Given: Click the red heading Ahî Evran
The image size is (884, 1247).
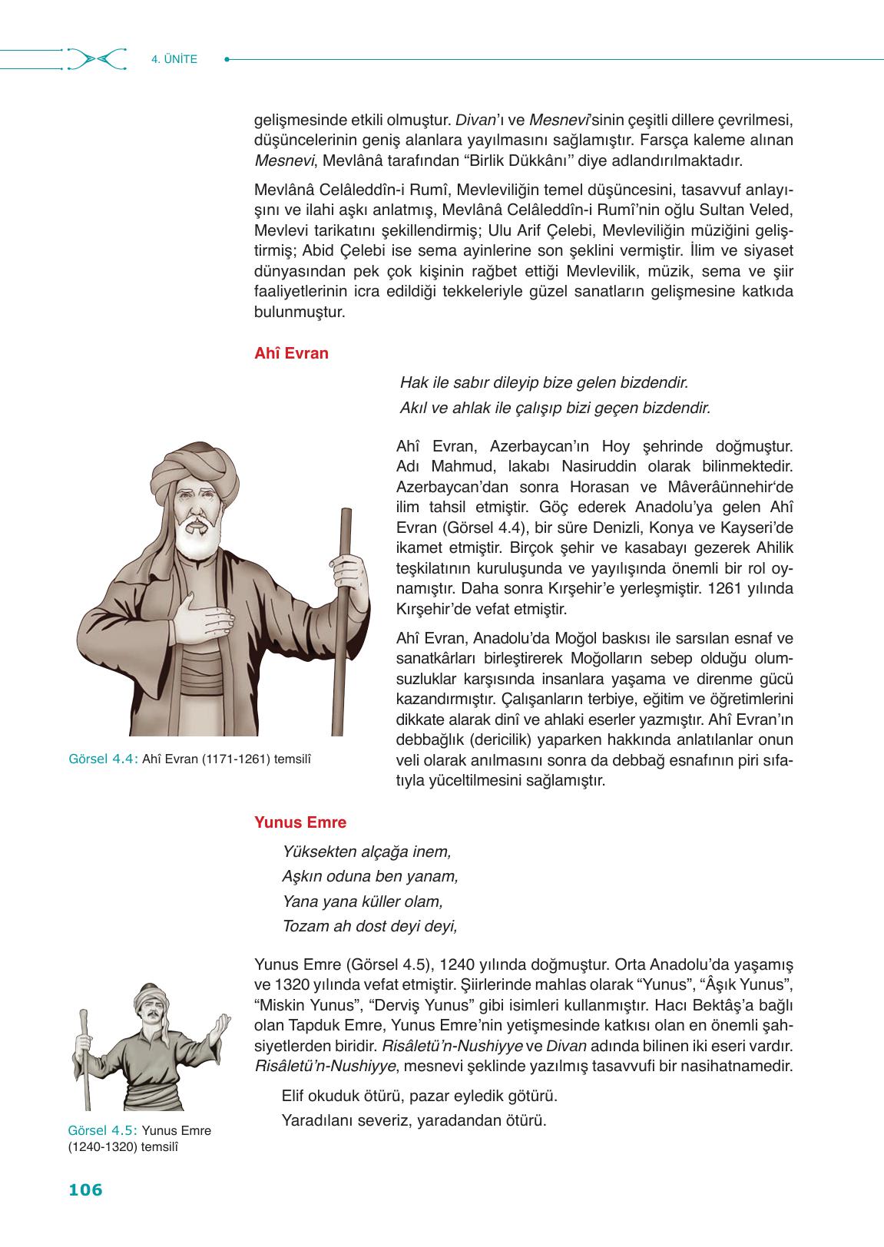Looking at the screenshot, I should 291,354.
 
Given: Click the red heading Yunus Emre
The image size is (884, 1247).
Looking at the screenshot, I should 300,822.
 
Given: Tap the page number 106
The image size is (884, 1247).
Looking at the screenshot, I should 85,1190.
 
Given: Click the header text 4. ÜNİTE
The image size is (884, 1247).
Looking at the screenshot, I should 174,58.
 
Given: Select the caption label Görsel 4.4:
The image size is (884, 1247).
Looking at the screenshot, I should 103,759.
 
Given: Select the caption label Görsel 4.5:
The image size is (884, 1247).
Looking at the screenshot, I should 103,1130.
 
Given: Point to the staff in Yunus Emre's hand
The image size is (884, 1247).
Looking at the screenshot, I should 82,1060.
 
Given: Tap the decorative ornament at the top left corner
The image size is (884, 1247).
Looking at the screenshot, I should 96,59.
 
